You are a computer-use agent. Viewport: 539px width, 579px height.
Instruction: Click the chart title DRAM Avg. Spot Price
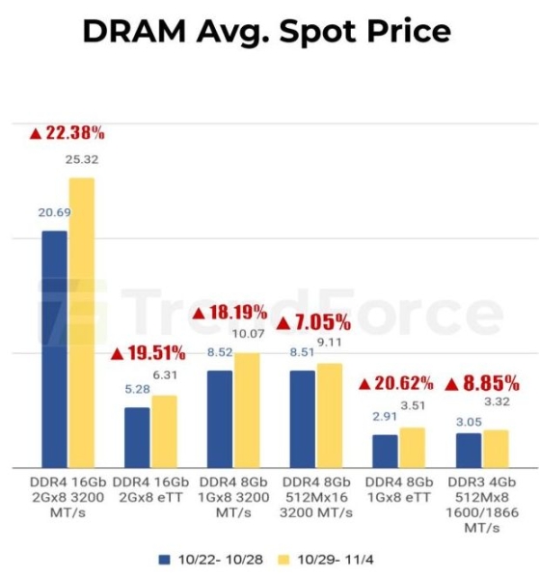tap(266, 31)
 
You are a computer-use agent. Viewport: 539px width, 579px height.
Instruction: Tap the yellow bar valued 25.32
tap(81, 322)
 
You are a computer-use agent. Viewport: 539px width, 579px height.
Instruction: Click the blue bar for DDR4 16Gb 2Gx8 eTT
tap(137, 437)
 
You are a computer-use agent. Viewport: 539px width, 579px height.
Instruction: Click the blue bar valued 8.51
tap(303, 418)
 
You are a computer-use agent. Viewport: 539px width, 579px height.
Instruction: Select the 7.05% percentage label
tap(313, 322)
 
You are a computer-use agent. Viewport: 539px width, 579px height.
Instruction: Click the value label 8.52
tap(219, 352)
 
